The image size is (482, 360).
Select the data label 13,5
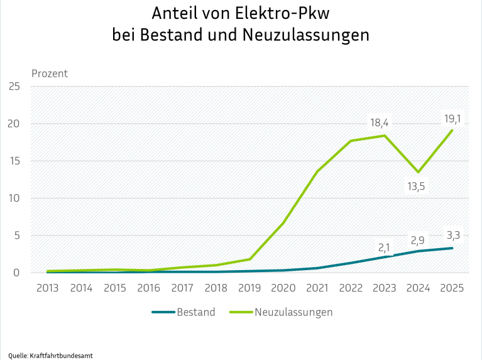(418, 187)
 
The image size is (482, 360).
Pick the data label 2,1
(384, 247)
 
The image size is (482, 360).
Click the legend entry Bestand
(195, 312)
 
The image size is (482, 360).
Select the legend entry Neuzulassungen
(293, 312)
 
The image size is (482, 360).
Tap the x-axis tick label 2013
(48, 288)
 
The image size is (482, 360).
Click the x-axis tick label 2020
(283, 288)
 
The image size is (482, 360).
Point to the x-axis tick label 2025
(452, 288)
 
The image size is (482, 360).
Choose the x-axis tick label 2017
(182, 288)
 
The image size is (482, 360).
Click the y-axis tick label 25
(14, 86)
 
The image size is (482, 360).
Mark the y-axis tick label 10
(14, 198)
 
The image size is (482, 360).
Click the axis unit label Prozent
(49, 74)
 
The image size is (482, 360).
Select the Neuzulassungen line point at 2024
(418, 172)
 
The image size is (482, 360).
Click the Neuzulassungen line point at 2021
(317, 171)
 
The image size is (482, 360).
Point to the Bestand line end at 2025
(452, 248)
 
